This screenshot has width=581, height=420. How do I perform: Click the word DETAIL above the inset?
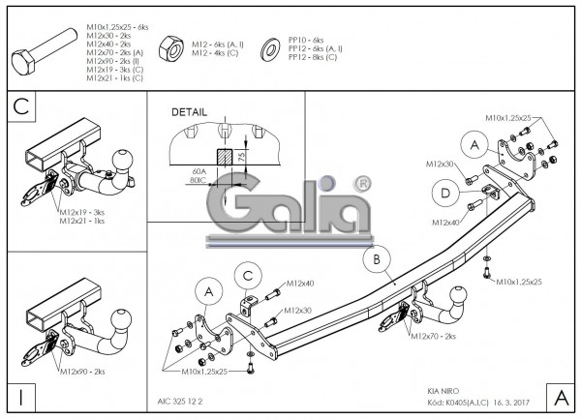point(190,112)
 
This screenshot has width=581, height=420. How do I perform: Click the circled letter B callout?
point(375,259)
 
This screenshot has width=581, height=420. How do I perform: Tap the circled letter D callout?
point(444,194)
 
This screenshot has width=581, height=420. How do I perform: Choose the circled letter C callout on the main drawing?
point(247,276)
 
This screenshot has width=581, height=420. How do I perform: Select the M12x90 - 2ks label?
point(82,371)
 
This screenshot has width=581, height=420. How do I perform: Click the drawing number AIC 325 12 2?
point(181,397)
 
